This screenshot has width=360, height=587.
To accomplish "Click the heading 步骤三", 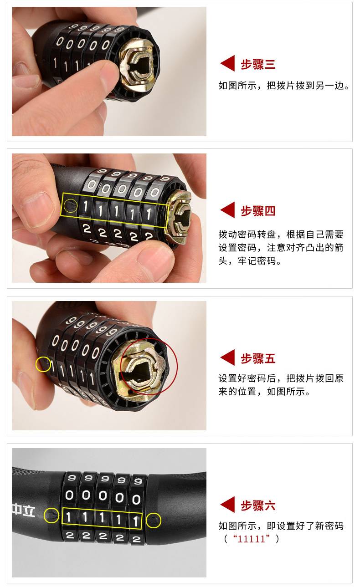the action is [258, 64].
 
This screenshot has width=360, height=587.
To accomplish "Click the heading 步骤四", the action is [258, 211].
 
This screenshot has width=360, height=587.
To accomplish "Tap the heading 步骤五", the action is [258, 358].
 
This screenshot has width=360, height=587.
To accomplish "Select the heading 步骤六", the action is [258, 505].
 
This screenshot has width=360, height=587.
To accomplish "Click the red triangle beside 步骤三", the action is [228, 63].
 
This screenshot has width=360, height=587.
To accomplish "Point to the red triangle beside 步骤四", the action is [228, 210].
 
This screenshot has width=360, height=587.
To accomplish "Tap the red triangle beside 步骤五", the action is [228, 357].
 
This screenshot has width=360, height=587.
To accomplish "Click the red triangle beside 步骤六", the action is [228, 505].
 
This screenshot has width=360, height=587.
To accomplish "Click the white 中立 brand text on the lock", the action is [24, 511].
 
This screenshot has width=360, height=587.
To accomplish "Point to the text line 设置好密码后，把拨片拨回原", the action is [281, 378].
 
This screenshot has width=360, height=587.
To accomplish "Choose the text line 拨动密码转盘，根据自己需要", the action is [281, 234].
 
